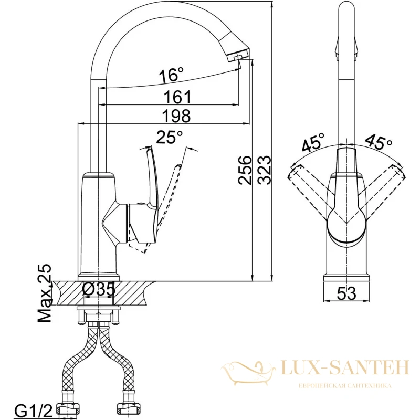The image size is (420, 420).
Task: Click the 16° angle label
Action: (x=171, y=75)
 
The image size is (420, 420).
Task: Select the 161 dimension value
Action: (x=177, y=97)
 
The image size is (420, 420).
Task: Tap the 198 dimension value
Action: (x=177, y=115)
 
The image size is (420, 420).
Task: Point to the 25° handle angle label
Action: (x=169, y=137)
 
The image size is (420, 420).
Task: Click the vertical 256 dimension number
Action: (x=245, y=170)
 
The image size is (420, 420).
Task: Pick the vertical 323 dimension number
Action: (x=265, y=170)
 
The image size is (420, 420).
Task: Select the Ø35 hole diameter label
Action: (x=99, y=290)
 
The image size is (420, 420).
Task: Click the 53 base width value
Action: (x=346, y=293)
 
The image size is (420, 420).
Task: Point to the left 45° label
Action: (x=313, y=142)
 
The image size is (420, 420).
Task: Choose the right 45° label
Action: (x=379, y=141)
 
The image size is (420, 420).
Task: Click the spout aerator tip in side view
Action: (x=237, y=56)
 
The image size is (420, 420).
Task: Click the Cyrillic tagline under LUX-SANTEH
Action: (x=345, y=386)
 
